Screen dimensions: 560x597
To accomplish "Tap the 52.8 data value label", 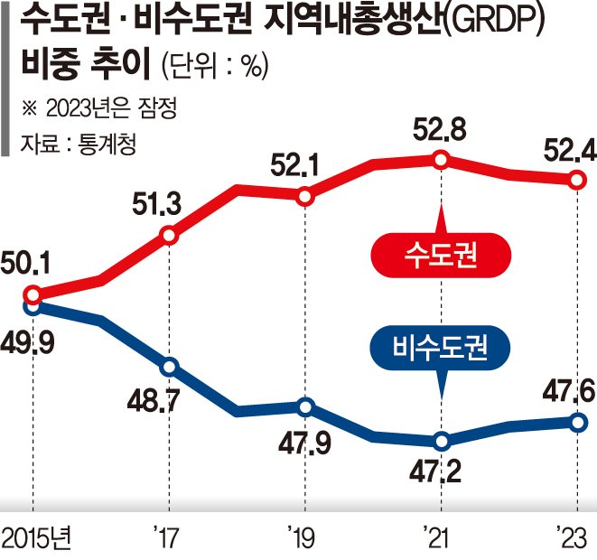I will [441, 130].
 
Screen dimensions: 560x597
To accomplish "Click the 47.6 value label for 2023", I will [567, 391].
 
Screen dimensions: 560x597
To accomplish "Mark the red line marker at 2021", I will [441, 160].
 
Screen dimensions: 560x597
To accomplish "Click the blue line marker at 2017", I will [169, 367].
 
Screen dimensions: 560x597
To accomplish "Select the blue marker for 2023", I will [576, 422].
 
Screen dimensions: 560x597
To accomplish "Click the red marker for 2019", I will [305, 196].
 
